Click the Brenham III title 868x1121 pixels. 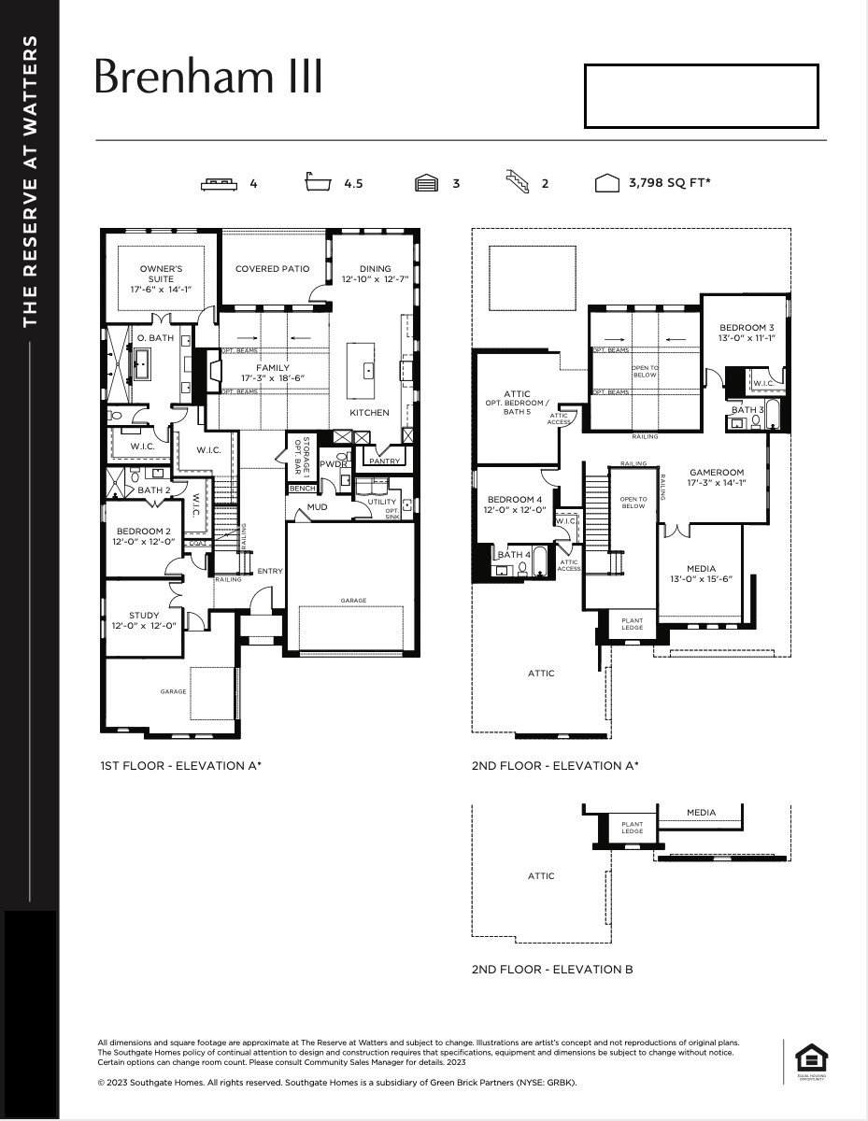208,78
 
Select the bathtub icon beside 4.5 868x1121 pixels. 319,182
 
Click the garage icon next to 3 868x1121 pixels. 427,183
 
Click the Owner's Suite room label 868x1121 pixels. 161,278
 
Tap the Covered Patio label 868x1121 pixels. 272,269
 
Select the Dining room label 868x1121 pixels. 374,274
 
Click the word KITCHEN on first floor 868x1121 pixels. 369,412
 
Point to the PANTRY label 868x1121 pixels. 384,461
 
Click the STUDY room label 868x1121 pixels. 144,615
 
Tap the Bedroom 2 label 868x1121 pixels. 144,536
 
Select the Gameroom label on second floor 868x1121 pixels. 717,477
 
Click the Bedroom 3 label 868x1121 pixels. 747,332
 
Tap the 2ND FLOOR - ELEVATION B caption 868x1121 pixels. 552,970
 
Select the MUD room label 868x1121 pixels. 318,509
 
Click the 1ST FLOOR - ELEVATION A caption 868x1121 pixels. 180,765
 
